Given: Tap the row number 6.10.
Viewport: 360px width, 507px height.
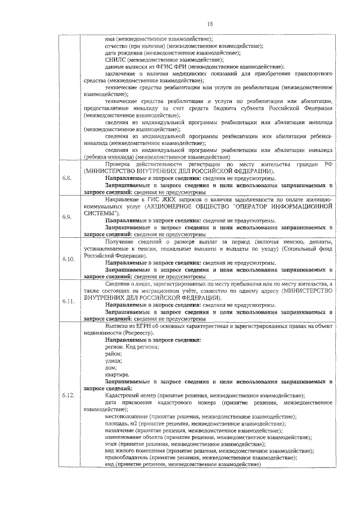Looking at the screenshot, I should tap(68, 259).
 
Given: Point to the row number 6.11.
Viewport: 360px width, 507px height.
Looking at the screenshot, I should tap(68, 302).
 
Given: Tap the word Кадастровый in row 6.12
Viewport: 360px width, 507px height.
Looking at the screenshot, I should tap(122, 396).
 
